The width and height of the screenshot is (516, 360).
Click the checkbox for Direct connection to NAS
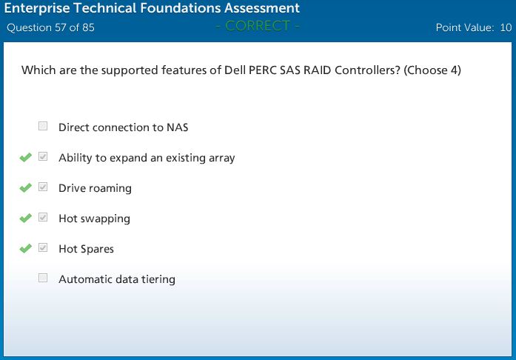tap(43, 126)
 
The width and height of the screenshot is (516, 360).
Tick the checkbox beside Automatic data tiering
tap(43, 278)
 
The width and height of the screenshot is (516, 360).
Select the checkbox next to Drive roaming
tap(43, 187)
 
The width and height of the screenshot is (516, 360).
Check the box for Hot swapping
tap(43, 217)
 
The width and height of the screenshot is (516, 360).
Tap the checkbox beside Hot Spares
tap(43, 247)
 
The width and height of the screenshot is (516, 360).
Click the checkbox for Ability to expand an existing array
tap(43, 156)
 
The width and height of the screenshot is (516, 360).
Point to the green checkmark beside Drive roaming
tap(26, 187)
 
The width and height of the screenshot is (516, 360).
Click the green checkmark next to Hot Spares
tap(26, 248)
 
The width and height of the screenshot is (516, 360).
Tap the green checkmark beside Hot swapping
tap(26, 218)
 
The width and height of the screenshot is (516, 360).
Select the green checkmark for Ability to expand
tap(26, 158)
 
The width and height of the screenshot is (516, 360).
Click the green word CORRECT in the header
tap(258, 26)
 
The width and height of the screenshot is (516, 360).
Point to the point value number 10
tap(506, 27)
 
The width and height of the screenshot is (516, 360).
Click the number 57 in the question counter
tap(61, 27)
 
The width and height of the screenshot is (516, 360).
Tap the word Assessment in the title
tap(262, 8)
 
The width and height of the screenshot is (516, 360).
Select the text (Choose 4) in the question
tap(432, 70)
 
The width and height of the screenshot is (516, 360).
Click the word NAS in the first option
tap(178, 127)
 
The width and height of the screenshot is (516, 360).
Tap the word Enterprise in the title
tap(37, 8)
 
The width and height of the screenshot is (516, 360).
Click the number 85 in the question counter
tap(88, 27)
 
